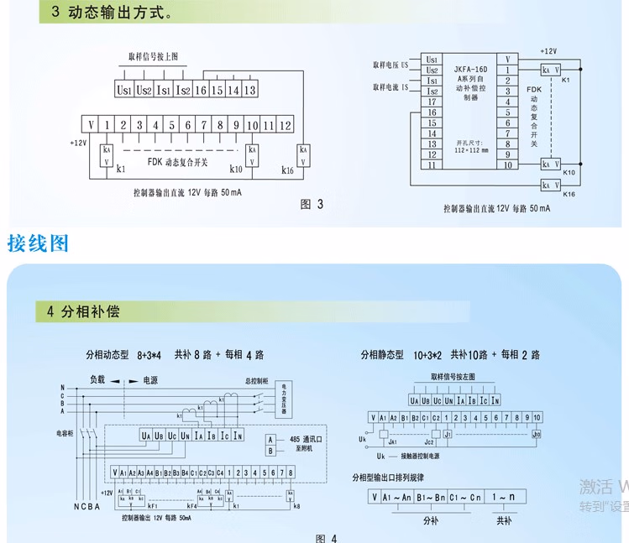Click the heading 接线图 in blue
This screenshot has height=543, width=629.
(38, 244)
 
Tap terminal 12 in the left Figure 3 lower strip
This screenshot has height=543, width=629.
(286, 125)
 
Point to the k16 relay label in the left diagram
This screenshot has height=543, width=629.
(287, 170)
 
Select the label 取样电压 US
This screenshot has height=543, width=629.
(391, 64)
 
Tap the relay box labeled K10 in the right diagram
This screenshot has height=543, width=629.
(550, 164)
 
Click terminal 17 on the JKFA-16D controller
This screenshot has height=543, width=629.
(432, 101)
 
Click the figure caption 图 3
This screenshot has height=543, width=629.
(312, 204)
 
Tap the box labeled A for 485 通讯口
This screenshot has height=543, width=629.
(270, 439)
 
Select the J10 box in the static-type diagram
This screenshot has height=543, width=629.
(536, 435)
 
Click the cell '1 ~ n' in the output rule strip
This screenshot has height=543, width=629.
(504, 497)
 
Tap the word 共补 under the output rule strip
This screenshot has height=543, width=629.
(504, 520)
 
